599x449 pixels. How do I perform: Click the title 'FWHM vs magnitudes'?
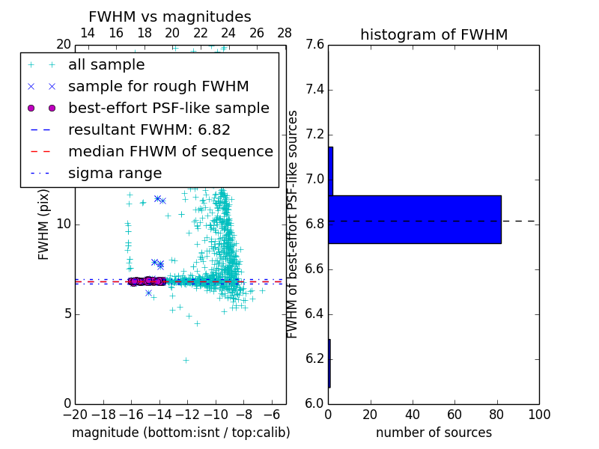click(169, 16)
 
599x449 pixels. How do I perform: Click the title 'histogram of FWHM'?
click(434, 34)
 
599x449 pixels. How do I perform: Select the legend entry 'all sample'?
click(106, 65)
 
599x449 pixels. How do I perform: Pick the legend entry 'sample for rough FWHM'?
click(158, 87)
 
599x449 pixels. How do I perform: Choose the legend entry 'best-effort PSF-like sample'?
click(168, 109)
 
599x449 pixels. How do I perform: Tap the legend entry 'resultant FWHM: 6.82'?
click(149, 130)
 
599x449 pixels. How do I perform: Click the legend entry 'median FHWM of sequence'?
click(170, 152)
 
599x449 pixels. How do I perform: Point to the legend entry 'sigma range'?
click(115, 174)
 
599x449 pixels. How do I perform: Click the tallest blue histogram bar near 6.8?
click(415, 219)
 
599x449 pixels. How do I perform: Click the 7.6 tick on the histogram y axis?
click(315, 45)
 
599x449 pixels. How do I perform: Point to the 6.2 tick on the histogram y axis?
click(315, 359)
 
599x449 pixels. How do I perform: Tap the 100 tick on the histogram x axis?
click(538, 415)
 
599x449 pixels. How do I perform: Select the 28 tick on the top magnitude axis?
click(285, 33)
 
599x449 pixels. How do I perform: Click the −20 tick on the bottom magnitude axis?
click(75, 415)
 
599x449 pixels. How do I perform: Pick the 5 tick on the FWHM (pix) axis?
click(66, 314)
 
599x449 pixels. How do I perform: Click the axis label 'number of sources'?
click(434, 433)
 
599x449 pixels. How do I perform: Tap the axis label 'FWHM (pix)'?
click(44, 224)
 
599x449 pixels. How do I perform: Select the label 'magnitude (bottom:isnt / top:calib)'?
click(180, 433)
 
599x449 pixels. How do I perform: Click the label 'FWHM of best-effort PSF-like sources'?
click(293, 224)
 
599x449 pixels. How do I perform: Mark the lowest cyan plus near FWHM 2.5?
click(186, 360)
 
